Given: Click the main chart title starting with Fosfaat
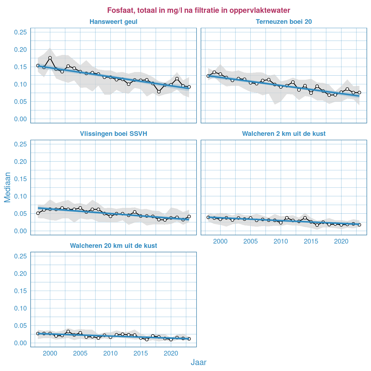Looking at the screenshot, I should tap(198, 10).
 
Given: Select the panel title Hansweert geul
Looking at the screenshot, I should tap(113, 22).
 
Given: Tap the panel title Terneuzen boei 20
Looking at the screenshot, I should tap(284, 22).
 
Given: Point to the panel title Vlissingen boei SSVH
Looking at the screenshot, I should tap(113, 134).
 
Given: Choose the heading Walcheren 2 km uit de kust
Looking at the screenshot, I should tap(284, 134).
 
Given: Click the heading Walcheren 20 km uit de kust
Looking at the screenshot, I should tap(113, 246).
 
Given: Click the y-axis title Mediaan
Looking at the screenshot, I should tap(7, 187).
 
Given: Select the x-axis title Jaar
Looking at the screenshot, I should tap(198, 362).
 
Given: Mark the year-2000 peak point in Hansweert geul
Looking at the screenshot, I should tap(50, 58).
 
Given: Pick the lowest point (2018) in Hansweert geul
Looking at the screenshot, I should tap(159, 92).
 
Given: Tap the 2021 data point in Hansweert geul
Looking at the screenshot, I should tap(177, 79).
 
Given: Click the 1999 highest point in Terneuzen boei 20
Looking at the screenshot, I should tap(214, 72).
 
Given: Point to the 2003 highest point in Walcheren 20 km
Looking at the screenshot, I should tap(68, 332).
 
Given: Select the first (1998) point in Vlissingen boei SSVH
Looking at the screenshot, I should tap(38, 213).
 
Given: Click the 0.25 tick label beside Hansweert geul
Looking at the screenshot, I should tap(20, 32).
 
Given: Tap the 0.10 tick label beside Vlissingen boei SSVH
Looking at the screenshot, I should tap(20, 196).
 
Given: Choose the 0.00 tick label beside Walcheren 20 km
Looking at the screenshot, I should tap(20, 343).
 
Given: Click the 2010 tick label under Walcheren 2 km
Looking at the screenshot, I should tap(281, 242).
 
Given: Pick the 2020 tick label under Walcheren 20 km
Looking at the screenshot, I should tap(171, 354).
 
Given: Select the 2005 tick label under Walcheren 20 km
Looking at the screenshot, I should tap(80, 354).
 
